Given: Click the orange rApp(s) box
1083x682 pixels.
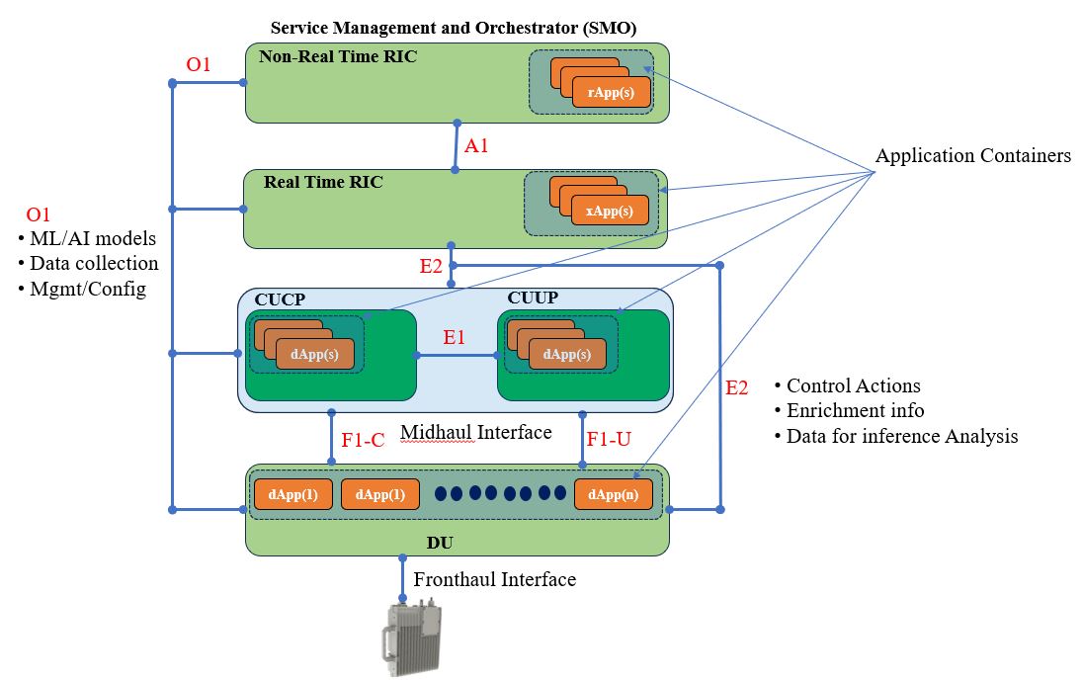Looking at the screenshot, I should tap(611, 92).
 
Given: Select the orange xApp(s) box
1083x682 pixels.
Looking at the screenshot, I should tap(609, 211).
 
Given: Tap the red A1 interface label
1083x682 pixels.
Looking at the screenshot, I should tap(477, 145).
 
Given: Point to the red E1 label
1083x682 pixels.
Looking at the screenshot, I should tap(455, 337).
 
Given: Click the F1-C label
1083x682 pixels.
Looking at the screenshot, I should tap(362, 441).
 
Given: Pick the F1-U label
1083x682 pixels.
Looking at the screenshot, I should tap(609, 441).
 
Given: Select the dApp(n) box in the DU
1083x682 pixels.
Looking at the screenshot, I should tap(613, 494).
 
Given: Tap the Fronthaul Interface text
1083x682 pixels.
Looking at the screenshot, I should tap(494, 579).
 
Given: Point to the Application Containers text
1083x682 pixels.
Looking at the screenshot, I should tap(972, 156).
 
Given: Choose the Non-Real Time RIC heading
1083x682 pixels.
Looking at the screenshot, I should tap(338, 56).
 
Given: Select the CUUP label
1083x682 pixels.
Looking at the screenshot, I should tap(533, 298).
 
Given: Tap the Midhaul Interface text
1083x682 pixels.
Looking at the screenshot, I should tap(475, 432).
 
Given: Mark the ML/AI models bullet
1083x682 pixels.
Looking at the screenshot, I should tap(92, 238).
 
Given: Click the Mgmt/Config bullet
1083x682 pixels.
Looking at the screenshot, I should tap(88, 290).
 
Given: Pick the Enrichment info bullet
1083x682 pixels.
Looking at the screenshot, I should tap(855, 410).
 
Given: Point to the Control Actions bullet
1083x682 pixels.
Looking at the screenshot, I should tap(853, 385).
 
